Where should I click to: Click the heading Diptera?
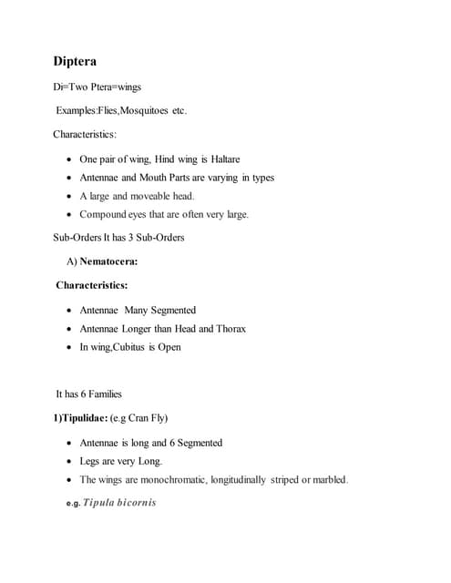click(76, 62)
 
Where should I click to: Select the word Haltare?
click(225, 159)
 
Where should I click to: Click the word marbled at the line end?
click(331, 479)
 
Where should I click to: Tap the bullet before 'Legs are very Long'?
click(70, 461)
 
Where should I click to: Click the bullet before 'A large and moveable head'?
click(70, 196)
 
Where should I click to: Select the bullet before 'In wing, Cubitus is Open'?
click(70, 347)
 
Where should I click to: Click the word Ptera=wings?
click(117, 87)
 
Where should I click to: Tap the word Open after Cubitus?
click(169, 346)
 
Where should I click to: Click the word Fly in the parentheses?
click(158, 418)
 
